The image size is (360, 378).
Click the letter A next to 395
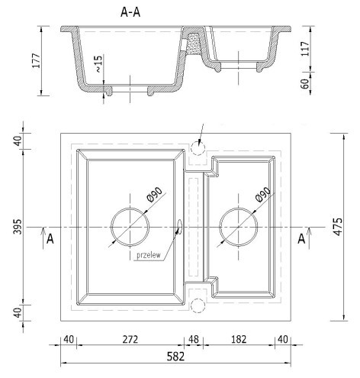click(x=50, y=239)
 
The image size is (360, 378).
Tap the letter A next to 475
click(x=301, y=239)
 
